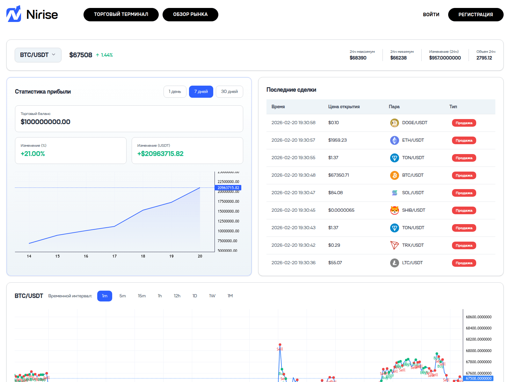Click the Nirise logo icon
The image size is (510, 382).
[x=14, y=14]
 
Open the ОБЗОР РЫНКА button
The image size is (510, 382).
[x=190, y=15]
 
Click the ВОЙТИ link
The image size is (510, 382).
[x=431, y=15]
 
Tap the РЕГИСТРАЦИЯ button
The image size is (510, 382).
[x=476, y=15]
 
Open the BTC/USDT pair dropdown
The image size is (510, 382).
[x=38, y=55]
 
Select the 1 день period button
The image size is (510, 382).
[x=175, y=92]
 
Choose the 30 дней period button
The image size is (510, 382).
[x=229, y=92]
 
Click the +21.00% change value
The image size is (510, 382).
[x=33, y=154]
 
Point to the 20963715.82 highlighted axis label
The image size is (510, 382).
[x=228, y=188]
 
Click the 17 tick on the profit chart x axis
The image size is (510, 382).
[x=114, y=256]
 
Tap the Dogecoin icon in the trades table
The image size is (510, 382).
[x=394, y=123]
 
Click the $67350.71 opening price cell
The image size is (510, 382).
[x=339, y=175]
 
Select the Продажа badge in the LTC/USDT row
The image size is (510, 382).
[x=464, y=263]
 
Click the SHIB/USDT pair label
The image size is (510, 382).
[x=413, y=210]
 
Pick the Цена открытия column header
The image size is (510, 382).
[x=344, y=107]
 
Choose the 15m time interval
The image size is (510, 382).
[x=142, y=296]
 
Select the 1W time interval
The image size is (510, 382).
[x=212, y=296]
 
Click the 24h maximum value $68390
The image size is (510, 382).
[x=358, y=58]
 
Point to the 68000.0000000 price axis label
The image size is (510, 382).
[x=478, y=351]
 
